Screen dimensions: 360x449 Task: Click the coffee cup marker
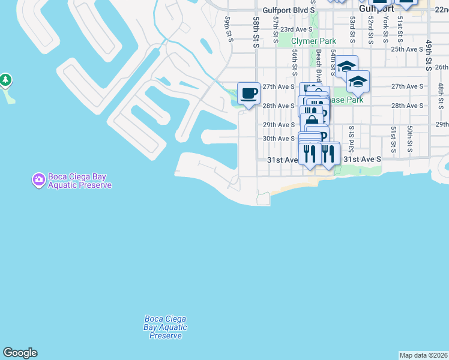249,94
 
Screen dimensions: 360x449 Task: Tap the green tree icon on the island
5,80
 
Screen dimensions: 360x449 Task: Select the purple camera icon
38,179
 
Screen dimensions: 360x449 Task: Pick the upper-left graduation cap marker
346,66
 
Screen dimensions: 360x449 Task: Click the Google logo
20,353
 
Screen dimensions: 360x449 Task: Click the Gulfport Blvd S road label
289,11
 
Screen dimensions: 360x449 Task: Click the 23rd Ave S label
295,29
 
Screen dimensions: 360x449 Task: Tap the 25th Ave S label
407,49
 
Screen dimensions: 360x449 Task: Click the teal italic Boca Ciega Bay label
165,328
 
